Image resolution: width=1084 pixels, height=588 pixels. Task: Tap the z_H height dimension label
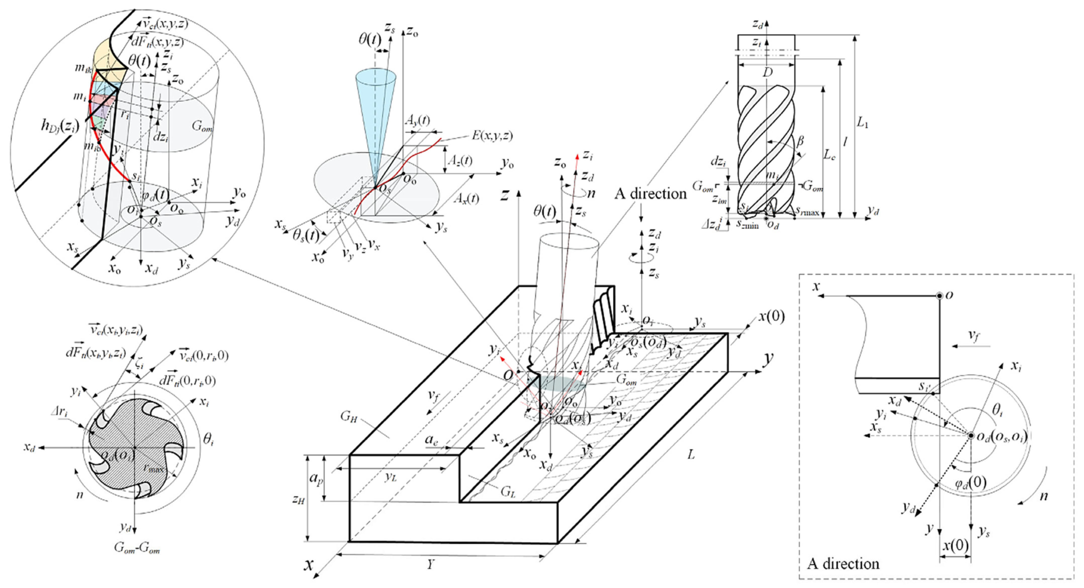(x=298, y=499)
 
